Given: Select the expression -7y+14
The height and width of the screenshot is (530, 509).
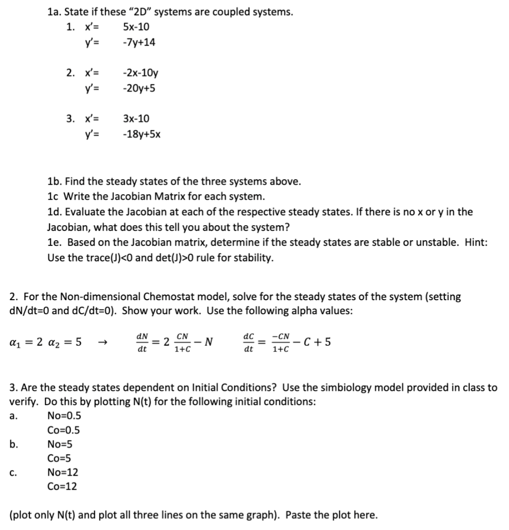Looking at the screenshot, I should [x=139, y=43].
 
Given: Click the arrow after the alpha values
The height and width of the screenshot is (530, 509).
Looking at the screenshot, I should [x=103, y=343].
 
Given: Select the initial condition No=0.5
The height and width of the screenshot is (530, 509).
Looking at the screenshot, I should [x=64, y=416].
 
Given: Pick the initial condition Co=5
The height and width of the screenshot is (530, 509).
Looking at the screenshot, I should [x=59, y=458].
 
